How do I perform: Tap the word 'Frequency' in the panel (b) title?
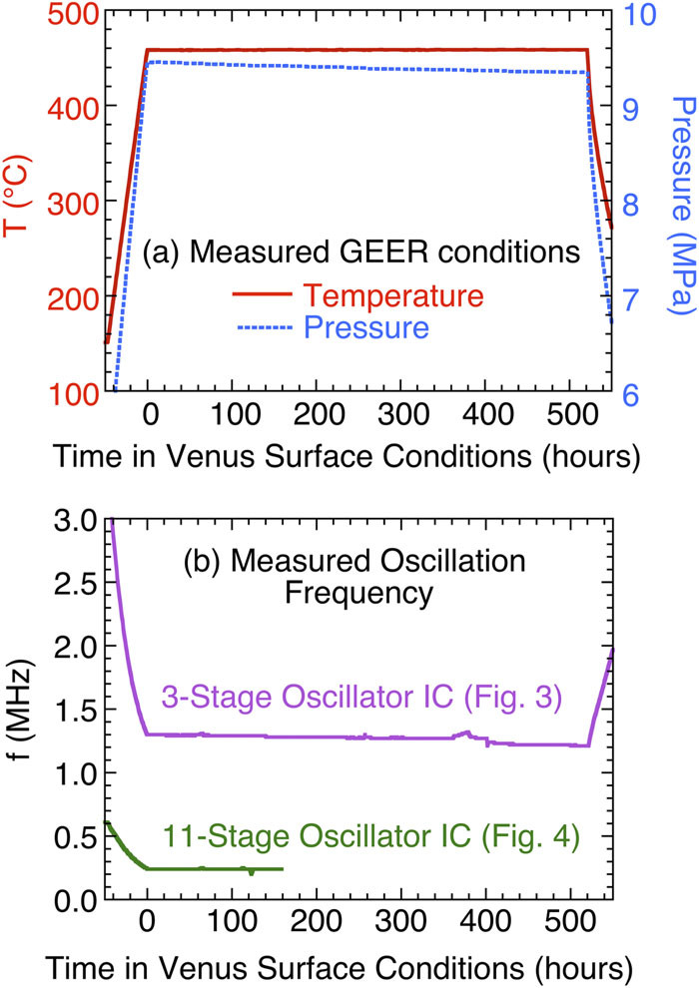click(x=360, y=593)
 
